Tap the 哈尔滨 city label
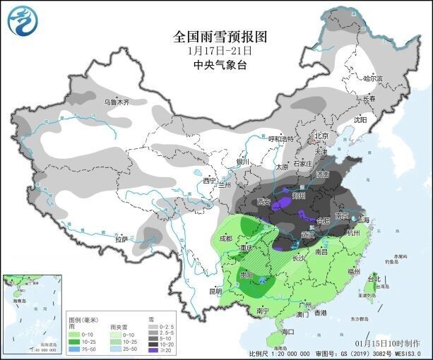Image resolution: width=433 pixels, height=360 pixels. coord(372,78)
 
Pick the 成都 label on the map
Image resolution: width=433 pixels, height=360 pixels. coord(225,238)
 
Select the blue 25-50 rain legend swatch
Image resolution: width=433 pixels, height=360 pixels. coord(73,349)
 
